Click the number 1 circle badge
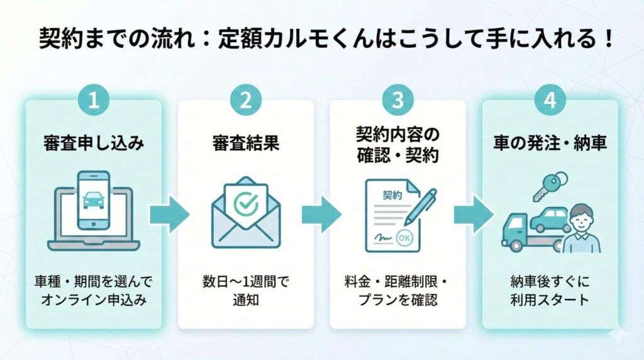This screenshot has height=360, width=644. point(93,101)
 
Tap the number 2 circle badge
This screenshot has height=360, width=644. point(245,101)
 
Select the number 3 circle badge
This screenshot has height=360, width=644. point(397,101)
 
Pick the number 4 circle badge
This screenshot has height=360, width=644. point(550,101)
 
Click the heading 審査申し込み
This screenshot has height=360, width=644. point(94,143)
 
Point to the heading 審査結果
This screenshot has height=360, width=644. point(245,143)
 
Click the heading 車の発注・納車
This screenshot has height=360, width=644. point(550,143)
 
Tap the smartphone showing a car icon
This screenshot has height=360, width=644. point(93,200)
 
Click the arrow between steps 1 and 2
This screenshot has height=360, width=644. point(169,215)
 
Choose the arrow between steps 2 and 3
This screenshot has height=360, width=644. point(321,215)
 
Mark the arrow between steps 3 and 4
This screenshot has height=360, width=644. point(474,215)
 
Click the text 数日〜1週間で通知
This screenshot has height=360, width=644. point(245,290)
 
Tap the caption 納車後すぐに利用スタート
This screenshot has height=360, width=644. point(550,290)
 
